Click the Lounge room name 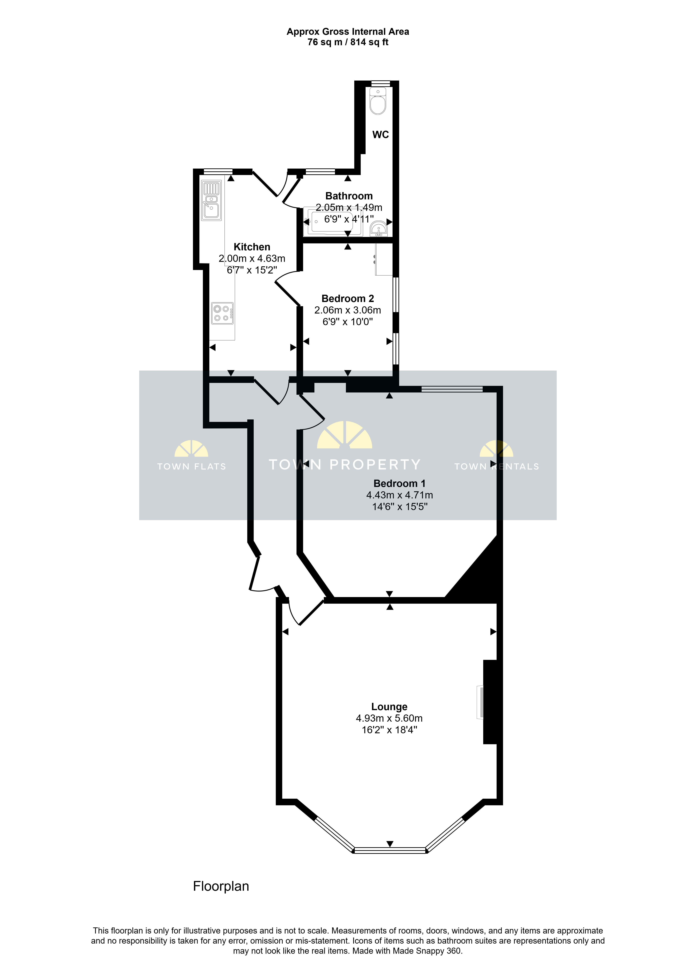click(x=389, y=707)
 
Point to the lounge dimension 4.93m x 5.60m click(x=389, y=718)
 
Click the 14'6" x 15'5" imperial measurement click(x=400, y=507)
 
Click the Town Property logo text click(x=344, y=464)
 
